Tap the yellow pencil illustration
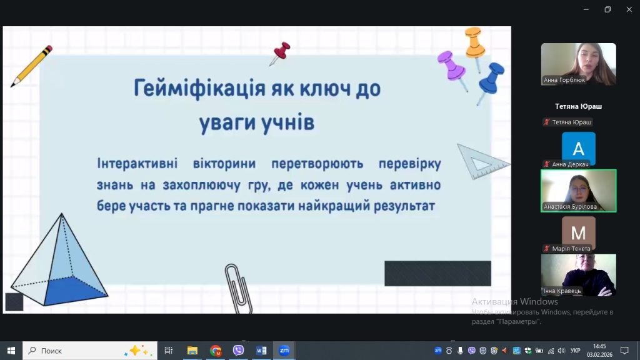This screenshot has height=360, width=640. click(31, 66)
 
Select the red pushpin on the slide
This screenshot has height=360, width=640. click(280, 53)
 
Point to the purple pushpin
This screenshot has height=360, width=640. click(452, 67)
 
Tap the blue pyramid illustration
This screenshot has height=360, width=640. click(59, 261)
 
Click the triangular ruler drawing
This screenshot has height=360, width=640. click(482, 162)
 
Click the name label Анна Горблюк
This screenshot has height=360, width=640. click(564, 80)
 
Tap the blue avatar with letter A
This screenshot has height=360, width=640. click(578, 147)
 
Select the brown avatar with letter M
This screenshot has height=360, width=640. click(578, 232)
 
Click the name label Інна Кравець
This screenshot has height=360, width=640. click(562, 291)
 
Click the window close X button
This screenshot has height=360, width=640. click(629, 9)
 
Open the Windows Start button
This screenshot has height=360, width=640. click(11, 351)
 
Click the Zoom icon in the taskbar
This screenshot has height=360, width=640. click(284, 350)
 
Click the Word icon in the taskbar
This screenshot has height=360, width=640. click(261, 350)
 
